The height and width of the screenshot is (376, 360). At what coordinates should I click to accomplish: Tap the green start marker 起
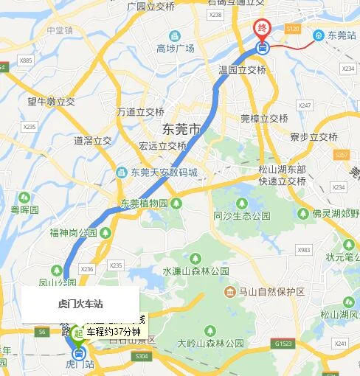(78, 334)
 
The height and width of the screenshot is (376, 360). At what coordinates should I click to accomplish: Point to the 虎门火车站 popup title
(80, 303)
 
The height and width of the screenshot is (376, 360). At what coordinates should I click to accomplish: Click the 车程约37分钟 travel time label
(114, 333)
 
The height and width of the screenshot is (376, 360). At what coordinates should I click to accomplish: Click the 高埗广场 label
(175, 49)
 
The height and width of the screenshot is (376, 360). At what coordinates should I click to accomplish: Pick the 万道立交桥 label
(140, 112)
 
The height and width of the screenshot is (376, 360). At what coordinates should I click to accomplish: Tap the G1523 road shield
(282, 344)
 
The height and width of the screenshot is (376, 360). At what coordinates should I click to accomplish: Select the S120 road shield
(293, 29)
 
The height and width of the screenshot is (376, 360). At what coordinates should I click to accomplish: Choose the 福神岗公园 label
(74, 232)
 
